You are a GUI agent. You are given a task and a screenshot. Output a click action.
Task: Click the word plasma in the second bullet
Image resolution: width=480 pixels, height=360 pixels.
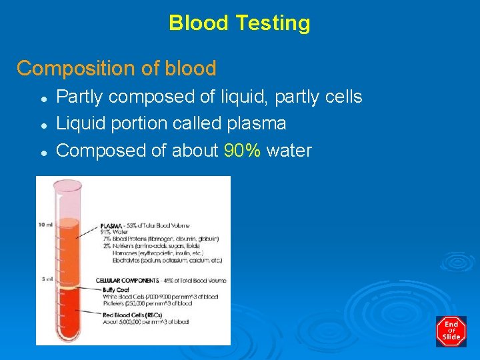[x=257, y=124]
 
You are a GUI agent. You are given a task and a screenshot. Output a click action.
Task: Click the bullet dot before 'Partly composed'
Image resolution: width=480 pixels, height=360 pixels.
[x=43, y=98]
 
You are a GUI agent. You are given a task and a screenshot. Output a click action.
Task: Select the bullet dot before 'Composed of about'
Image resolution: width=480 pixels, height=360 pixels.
[x=43, y=151]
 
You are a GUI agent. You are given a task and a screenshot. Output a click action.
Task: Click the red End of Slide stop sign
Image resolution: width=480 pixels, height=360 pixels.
[x=451, y=331]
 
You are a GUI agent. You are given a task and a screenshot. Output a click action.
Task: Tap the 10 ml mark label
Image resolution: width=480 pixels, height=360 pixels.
[x=45, y=224]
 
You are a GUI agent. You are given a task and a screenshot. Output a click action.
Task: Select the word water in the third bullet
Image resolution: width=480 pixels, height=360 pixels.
[x=289, y=151]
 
